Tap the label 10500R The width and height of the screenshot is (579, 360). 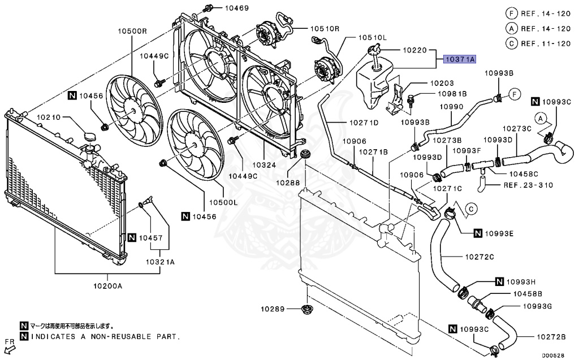[132, 32]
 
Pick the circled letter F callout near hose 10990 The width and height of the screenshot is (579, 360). [514, 94]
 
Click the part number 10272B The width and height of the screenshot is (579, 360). [551, 337]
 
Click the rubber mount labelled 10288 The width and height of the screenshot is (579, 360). [305, 155]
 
